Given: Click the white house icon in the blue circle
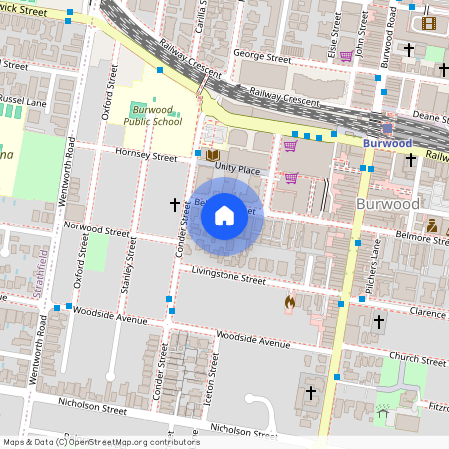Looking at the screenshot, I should coord(224,215).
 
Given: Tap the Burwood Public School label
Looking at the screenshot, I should coord(153,115).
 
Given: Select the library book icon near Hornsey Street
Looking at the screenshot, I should coord(212,155).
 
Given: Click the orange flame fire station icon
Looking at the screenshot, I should coord(290,301).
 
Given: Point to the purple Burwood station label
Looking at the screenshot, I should coord(387,143).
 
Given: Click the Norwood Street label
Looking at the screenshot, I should coord(97,232).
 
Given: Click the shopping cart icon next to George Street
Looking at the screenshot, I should coord(345,56).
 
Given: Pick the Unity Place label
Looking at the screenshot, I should coord(235,171).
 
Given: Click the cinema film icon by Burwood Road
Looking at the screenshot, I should coord(429,23).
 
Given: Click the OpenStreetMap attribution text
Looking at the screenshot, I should coord(100,442).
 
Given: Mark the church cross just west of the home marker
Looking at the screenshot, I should coord(175,204).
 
